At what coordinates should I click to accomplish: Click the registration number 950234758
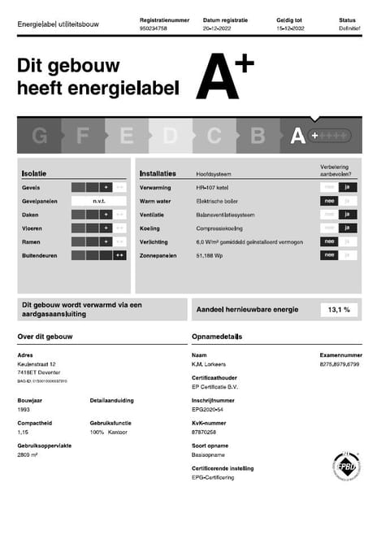pyautogui.click(x=153, y=28)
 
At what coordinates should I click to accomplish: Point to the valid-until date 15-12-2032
pyautogui.click(x=291, y=28)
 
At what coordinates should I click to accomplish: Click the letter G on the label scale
pyautogui.click(x=39, y=136)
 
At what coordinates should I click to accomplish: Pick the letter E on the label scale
pyautogui.click(x=126, y=136)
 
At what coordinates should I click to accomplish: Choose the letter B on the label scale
pyautogui.click(x=258, y=136)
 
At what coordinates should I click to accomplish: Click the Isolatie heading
pyautogui.click(x=34, y=173)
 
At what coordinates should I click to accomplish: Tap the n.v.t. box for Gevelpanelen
pyautogui.click(x=99, y=201)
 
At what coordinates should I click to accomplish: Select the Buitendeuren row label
pyautogui.click(x=40, y=255)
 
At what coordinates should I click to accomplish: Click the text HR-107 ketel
pyautogui.click(x=211, y=187)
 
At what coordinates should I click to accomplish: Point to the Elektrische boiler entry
pyautogui.click(x=215, y=201)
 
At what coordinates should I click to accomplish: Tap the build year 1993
pyautogui.click(x=24, y=410)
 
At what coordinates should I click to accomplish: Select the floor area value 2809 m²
pyautogui.click(x=28, y=455)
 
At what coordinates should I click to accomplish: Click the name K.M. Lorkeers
pyautogui.click(x=209, y=364)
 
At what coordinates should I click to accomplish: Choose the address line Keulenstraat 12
pyautogui.click(x=37, y=364)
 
